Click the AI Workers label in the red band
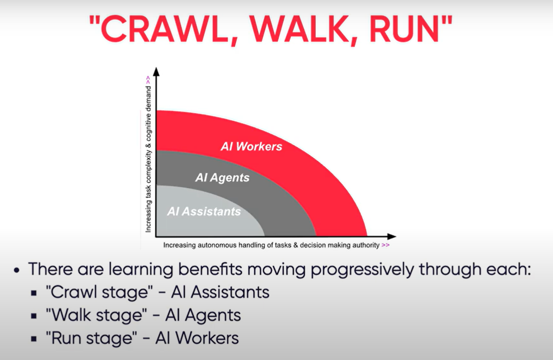point(251,146)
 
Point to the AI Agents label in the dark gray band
point(222,177)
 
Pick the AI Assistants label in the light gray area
point(204,211)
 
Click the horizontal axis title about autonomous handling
point(271,246)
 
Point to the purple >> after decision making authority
point(385,246)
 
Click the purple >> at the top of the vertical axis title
point(148,80)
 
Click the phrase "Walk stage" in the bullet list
point(94,315)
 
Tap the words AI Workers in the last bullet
point(197,338)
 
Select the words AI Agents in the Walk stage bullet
point(203,315)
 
